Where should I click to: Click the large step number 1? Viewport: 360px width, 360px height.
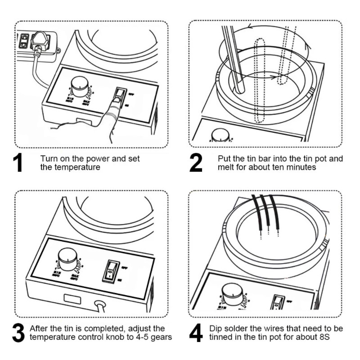click(x=19, y=163)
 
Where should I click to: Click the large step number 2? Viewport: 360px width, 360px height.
click(x=196, y=163)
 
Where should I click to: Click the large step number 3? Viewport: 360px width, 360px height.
click(x=18, y=333)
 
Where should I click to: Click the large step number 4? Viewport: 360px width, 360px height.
click(x=196, y=333)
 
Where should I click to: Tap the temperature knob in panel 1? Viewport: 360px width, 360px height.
click(x=80, y=85)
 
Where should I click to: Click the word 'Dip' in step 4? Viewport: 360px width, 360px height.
click(x=216, y=328)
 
